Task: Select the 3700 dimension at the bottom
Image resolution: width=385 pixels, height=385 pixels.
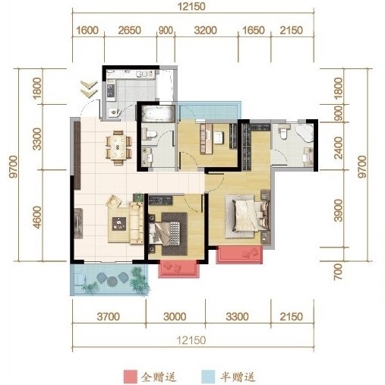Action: coord(109,315)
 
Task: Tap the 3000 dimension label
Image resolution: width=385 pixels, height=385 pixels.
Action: coord(175,315)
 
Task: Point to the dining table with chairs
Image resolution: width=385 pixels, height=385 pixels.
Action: coord(118,145)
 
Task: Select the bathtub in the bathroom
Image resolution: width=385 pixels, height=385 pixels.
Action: coord(157,115)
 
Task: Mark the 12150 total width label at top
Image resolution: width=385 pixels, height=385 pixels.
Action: coord(194,7)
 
